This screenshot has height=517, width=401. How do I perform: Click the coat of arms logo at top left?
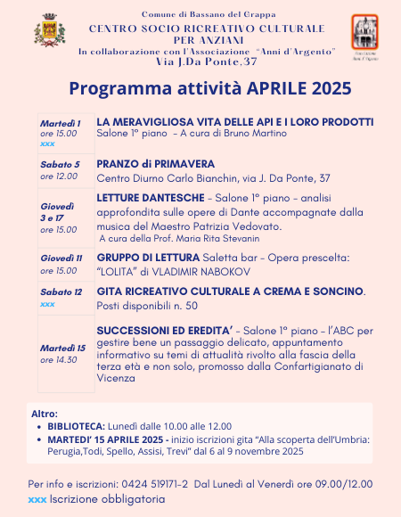coord(50,33)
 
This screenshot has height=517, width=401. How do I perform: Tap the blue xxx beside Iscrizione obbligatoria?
coord(37,499)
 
